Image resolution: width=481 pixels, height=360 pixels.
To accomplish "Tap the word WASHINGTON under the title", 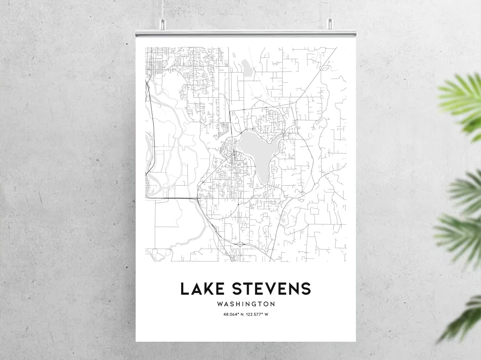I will coord(246,304).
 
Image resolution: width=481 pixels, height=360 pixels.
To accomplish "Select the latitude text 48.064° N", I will coord(234,314).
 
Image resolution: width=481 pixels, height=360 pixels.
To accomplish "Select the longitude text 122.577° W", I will coord(257,314).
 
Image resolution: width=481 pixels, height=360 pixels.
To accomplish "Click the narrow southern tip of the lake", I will coord(263,179).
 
